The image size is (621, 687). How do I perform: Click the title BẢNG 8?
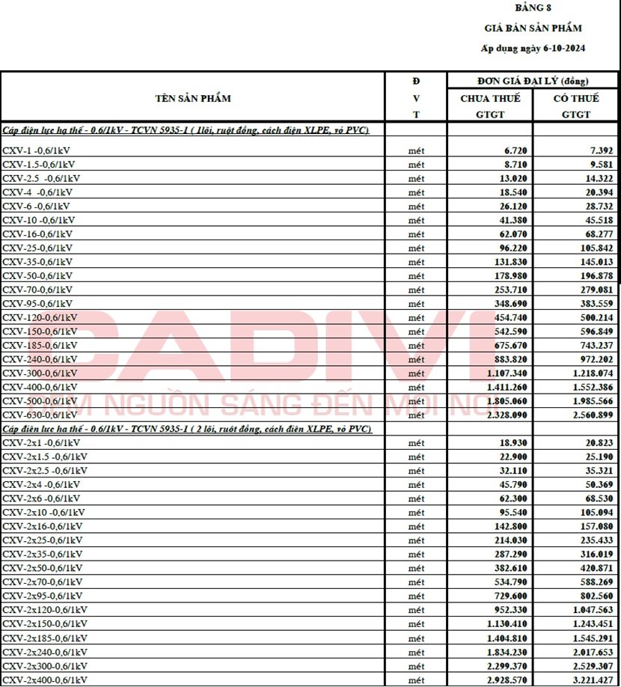click(x=532, y=8)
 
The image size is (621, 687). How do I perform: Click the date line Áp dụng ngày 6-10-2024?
click(x=532, y=48)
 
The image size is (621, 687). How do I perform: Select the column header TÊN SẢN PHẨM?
click(x=193, y=98)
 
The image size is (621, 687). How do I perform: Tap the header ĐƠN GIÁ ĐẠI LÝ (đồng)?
click(x=533, y=81)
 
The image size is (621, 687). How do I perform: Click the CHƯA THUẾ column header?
click(x=490, y=98)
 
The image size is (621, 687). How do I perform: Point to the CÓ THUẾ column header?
click(x=576, y=98)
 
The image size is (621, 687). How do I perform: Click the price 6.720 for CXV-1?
click(x=515, y=150)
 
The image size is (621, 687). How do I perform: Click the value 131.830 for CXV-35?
click(x=509, y=262)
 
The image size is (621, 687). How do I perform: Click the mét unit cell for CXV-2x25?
click(x=416, y=540)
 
